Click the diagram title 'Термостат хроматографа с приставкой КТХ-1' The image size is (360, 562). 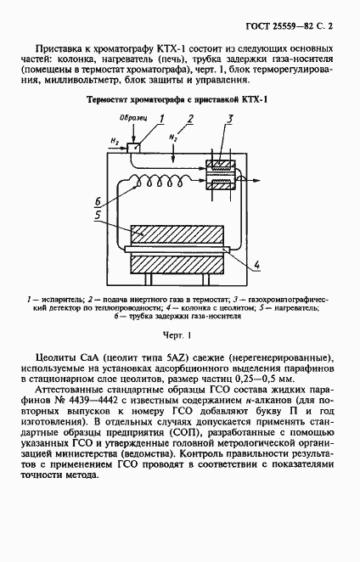pos(179,100)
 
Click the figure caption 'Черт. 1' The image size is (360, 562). pos(179,335)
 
